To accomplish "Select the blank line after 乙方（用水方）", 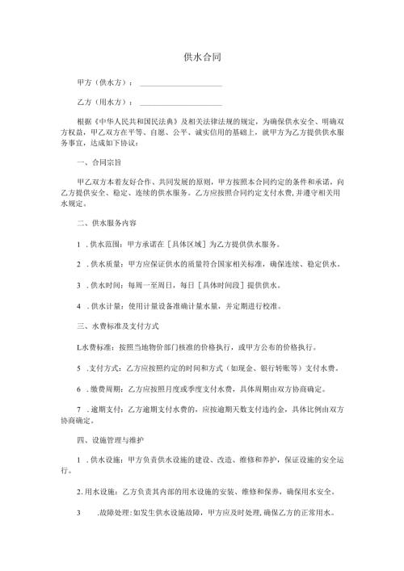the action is [181, 103].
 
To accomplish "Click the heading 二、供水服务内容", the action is [103, 222].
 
